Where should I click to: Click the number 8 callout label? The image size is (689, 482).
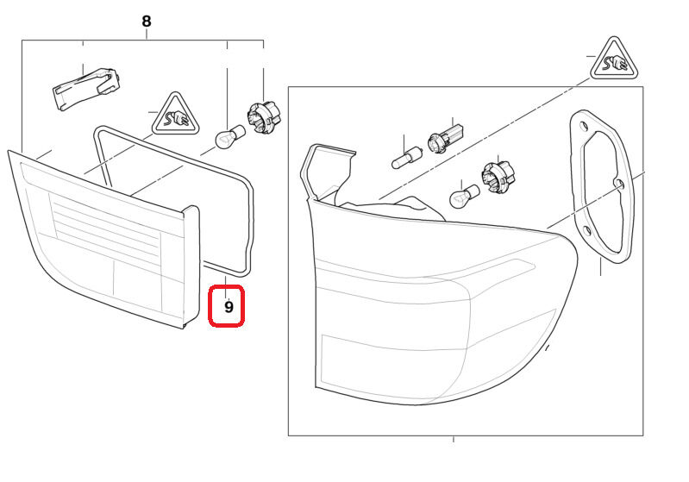coord(146,20)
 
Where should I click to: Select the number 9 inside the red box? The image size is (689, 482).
coord(229,306)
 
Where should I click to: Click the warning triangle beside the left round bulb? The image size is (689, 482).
coord(176,116)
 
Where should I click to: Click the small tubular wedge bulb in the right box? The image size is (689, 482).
coord(406,158)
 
